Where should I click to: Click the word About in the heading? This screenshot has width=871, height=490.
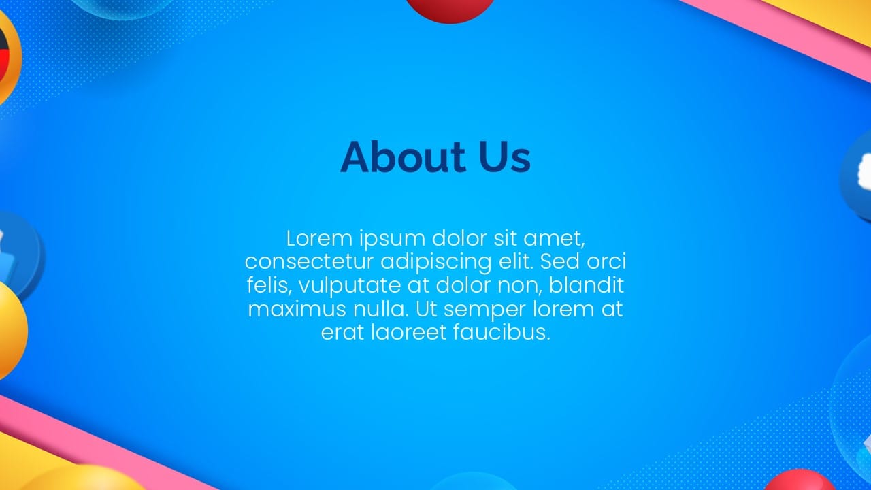(x=404, y=157)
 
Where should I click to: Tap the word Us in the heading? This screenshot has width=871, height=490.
(x=505, y=157)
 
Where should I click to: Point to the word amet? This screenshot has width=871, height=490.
(x=554, y=239)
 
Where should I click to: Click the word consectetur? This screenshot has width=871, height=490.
(x=309, y=262)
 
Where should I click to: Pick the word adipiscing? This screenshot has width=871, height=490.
(x=436, y=263)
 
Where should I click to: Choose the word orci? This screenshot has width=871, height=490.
(x=606, y=261)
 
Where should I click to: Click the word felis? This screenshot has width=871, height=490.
(x=269, y=286)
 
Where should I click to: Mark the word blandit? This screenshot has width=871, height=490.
(x=587, y=285)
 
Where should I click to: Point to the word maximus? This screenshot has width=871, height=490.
(x=297, y=310)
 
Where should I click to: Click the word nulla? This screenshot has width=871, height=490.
(x=380, y=309)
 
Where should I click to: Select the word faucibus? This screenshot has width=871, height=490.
(x=502, y=333)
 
